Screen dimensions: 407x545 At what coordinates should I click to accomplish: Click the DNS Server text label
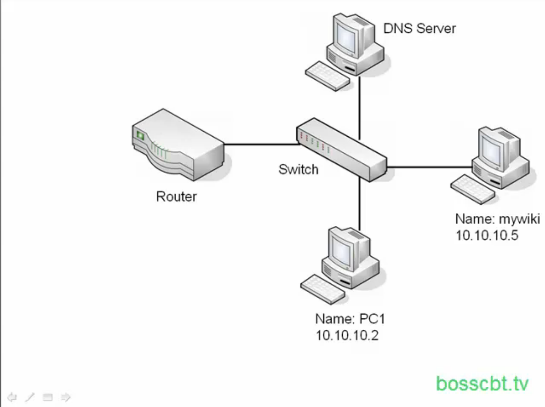419,28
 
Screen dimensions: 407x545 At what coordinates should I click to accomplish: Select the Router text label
176,196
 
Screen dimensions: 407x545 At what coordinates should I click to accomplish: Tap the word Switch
298,169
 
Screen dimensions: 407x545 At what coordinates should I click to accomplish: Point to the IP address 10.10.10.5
487,235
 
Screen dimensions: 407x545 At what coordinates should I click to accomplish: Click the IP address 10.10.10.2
347,335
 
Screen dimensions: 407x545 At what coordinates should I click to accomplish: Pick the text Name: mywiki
498,219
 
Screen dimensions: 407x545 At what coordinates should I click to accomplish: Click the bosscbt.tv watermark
482,384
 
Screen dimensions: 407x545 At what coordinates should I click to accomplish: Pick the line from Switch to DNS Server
359,106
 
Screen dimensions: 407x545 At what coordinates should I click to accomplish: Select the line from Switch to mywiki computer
429,166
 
